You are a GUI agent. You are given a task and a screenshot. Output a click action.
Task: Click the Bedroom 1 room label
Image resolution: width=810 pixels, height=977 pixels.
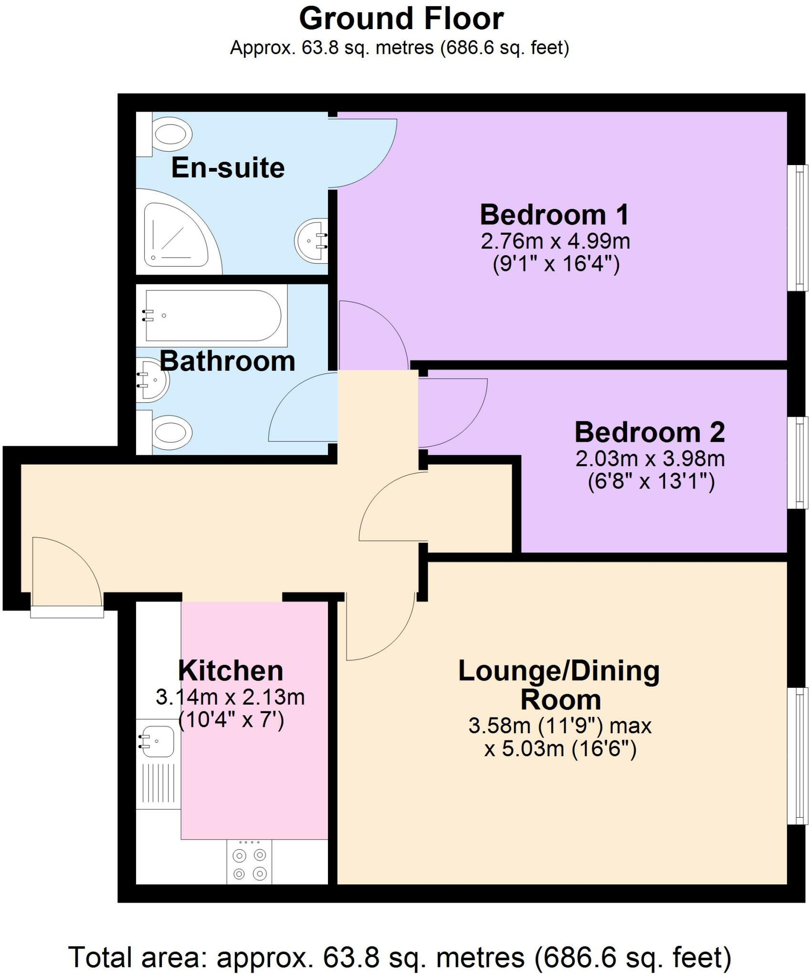pos(554,215)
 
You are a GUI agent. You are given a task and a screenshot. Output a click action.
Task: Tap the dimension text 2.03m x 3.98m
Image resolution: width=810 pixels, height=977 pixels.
pos(650,459)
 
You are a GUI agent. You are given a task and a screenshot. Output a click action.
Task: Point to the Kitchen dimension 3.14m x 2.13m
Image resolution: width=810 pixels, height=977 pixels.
pos(230,697)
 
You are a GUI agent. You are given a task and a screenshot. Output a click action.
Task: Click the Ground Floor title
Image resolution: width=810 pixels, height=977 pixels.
pos(401,19)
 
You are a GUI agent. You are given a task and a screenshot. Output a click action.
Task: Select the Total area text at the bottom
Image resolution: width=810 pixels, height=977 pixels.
pos(400,944)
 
